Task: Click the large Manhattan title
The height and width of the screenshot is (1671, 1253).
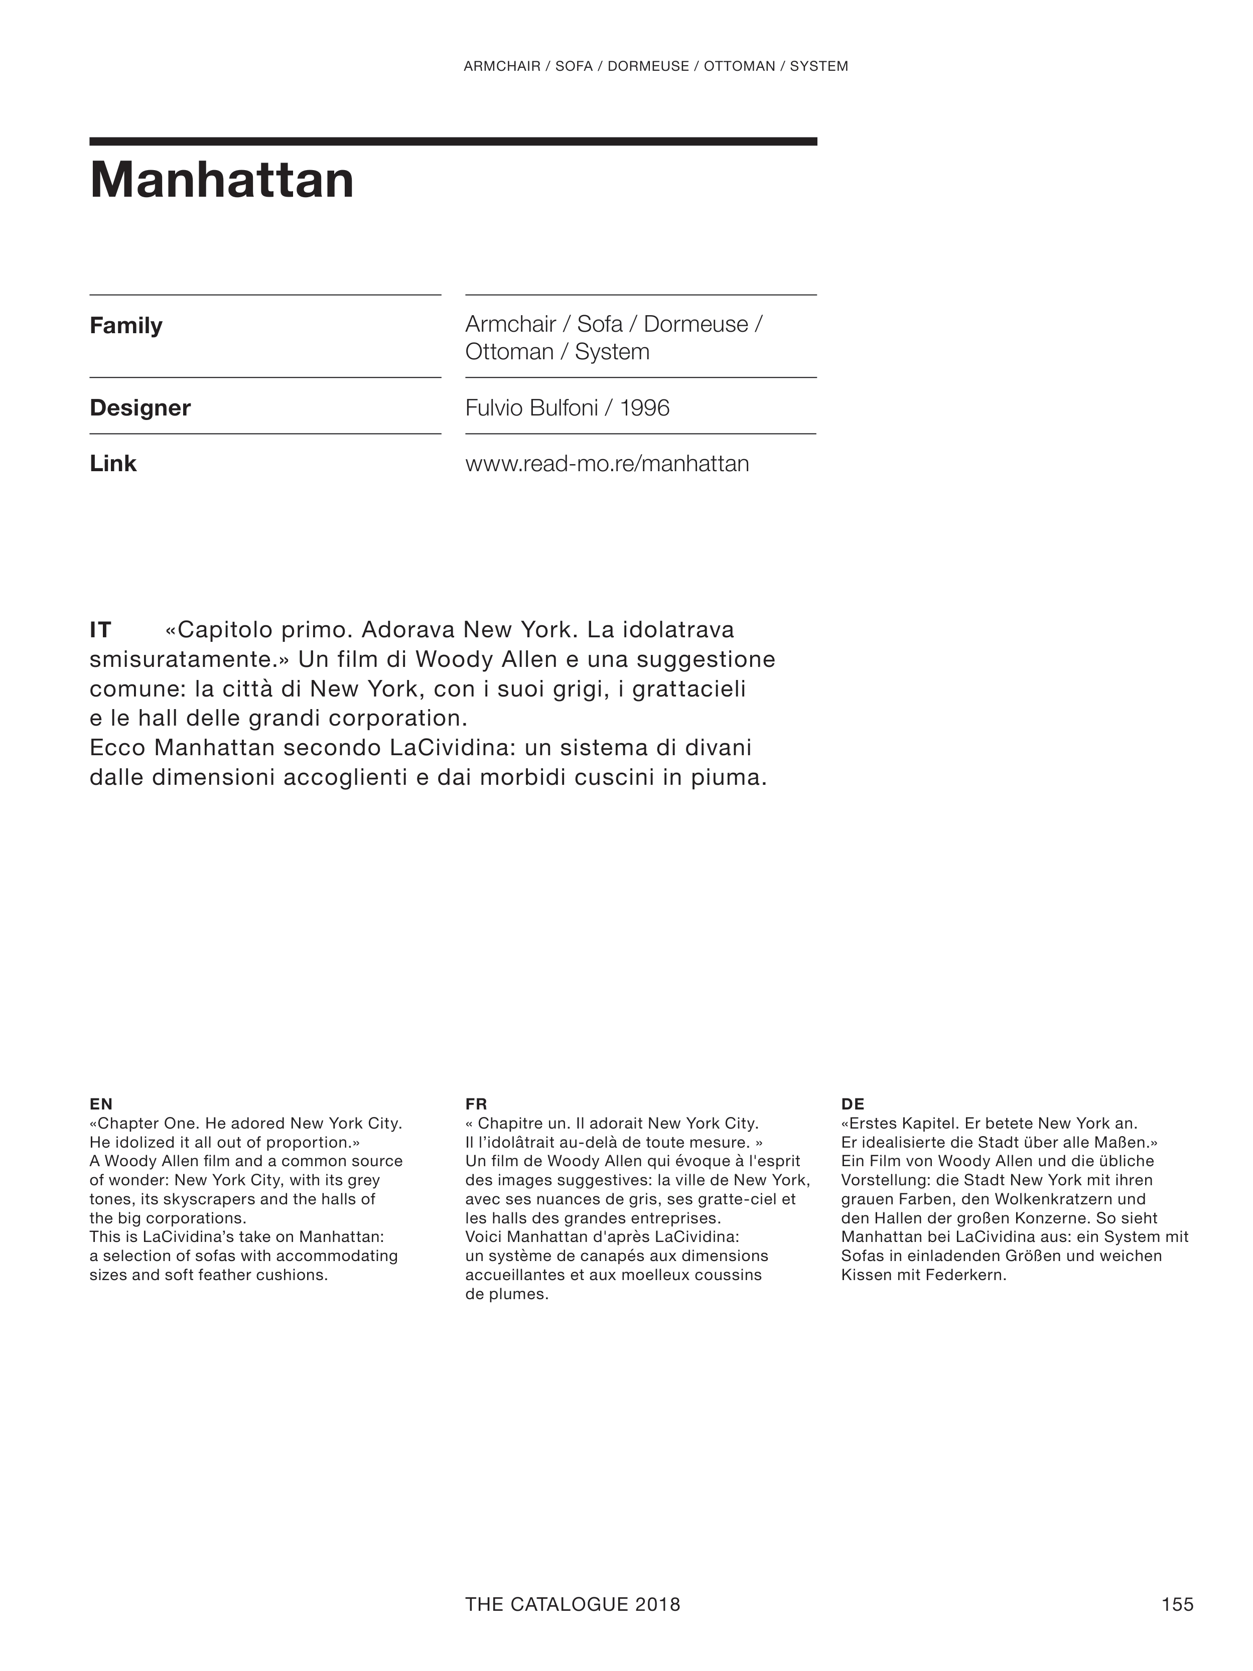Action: (x=221, y=181)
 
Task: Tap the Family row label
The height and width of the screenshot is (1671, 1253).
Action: (x=125, y=326)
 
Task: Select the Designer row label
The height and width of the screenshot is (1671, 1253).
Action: (x=140, y=408)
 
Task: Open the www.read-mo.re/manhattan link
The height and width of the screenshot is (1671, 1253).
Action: (x=607, y=463)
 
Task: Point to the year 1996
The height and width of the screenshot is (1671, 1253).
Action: (x=644, y=408)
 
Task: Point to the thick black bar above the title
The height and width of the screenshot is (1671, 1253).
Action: (x=453, y=142)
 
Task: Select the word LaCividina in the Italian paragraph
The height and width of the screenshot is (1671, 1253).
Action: (x=452, y=747)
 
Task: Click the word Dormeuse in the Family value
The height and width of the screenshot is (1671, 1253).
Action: (x=695, y=324)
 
